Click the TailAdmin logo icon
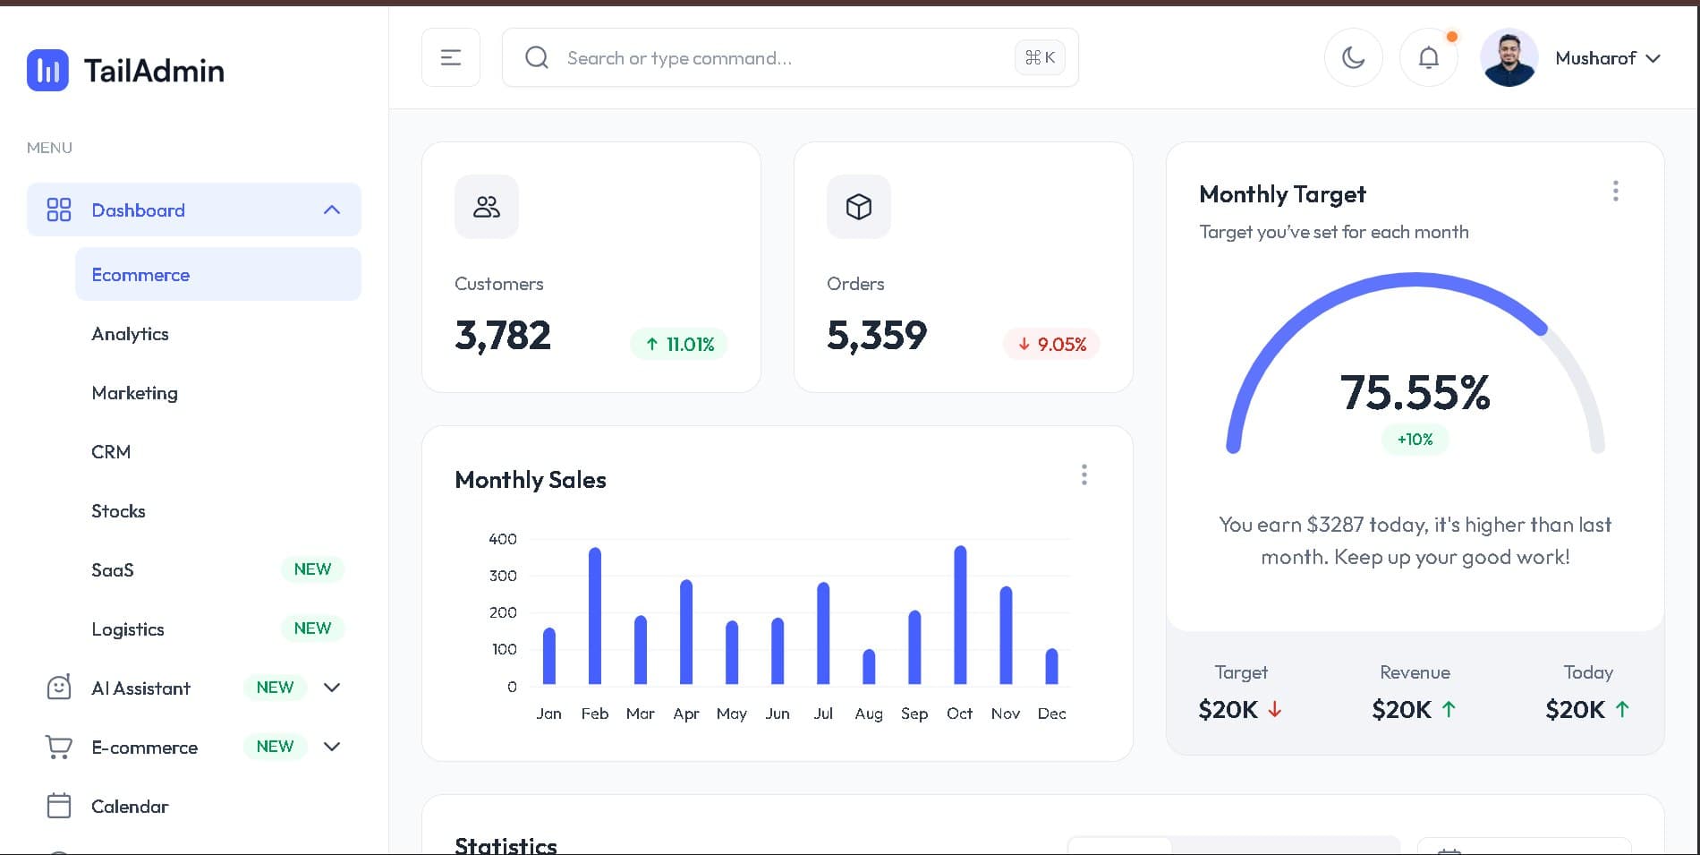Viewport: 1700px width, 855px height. coord(47,70)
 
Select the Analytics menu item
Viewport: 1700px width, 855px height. coord(130,334)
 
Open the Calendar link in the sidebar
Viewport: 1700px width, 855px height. coord(130,807)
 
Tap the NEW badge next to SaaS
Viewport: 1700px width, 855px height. coord(312,569)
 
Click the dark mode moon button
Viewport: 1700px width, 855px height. coord(1353,58)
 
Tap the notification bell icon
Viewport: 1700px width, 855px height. coord(1429,58)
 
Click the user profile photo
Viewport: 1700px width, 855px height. coord(1509,58)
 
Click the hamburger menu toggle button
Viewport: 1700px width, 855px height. coord(451,58)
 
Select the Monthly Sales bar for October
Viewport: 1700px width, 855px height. coord(960,616)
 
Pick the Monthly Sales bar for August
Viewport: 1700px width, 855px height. coord(869,667)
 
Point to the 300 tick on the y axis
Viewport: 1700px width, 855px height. coord(503,576)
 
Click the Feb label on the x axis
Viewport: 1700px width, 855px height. coord(595,714)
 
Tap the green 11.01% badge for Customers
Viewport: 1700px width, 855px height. coord(679,345)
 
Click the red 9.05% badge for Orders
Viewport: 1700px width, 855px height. coord(1051,345)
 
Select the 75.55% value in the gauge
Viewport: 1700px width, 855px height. coord(1415,393)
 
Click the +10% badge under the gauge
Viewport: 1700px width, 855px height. coord(1415,440)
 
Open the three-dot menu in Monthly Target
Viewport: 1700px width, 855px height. coord(1615,191)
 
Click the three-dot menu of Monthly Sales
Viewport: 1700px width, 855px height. coord(1084,475)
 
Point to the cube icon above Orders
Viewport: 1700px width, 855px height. coord(859,207)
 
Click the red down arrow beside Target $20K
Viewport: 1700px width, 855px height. coord(1275,710)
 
